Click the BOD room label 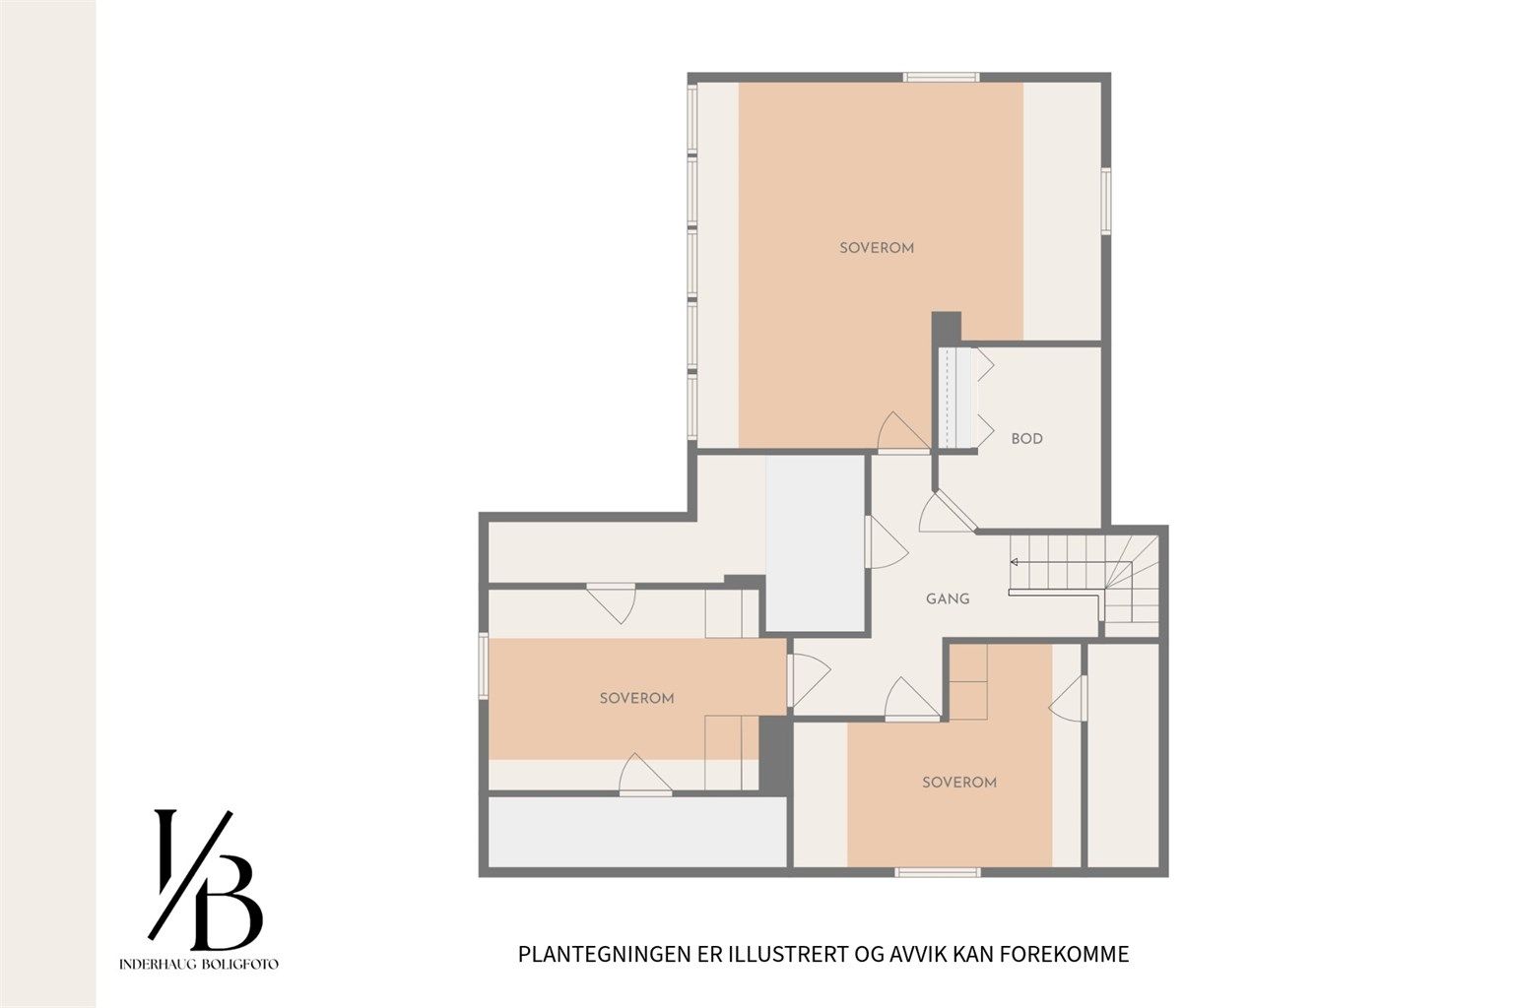1026,439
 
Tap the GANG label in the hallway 948,598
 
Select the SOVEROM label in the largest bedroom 877,248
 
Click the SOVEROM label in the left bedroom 636,698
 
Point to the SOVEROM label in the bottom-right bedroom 958,783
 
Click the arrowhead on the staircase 1014,562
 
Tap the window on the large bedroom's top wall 942,77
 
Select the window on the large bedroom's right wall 1105,202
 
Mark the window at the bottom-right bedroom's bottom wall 938,870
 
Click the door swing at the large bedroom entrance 902,433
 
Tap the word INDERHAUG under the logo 159,964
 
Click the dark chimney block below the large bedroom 946,327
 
